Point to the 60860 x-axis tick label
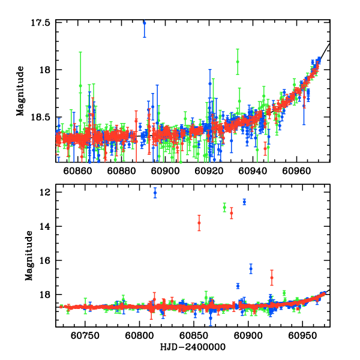click(78, 170)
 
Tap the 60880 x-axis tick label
click(121, 170)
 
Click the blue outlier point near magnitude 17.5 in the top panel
click(144, 22)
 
